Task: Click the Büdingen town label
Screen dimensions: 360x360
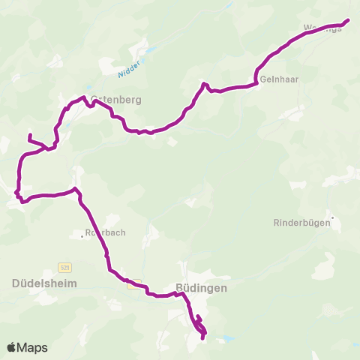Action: coord(200,287)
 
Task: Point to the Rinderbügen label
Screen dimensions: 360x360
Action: coord(299,223)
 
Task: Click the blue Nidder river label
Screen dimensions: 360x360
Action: coord(128,69)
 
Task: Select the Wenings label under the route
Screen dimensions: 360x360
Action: coord(322,28)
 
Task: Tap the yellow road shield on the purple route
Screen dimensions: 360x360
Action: coord(134,284)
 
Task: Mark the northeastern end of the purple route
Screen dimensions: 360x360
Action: coord(348,20)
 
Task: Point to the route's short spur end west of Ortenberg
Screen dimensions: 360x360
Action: coord(29,135)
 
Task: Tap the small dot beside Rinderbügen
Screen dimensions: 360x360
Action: coord(332,219)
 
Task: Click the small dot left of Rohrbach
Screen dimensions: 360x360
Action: coord(82,236)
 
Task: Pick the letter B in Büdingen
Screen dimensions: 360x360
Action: coord(178,287)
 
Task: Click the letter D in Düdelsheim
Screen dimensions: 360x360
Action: coord(16,283)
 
